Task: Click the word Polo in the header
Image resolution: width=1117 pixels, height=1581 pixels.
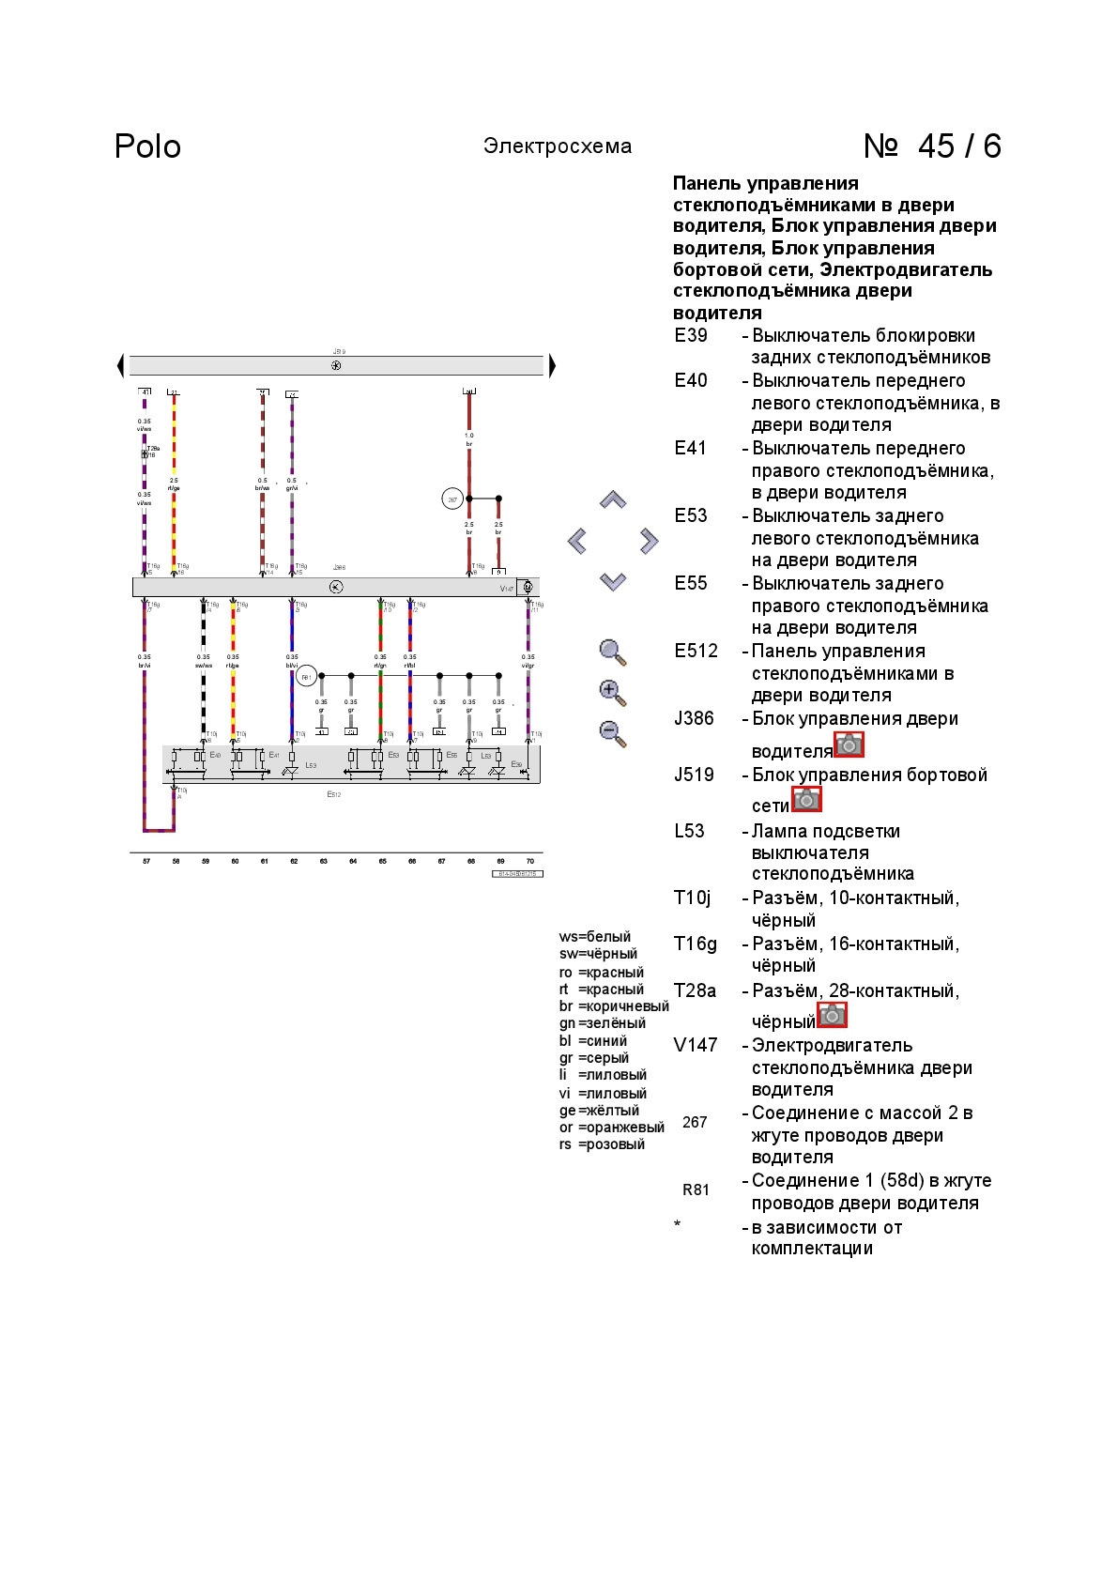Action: [147, 146]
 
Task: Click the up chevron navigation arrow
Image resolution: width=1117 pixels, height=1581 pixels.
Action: [613, 500]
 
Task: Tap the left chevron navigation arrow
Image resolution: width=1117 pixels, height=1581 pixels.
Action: [577, 541]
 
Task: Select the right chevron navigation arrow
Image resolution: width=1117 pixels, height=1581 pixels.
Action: [649, 541]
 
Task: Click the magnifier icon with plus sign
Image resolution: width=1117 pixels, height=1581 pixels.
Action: [612, 693]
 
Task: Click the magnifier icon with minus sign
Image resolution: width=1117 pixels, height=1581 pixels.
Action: [612, 733]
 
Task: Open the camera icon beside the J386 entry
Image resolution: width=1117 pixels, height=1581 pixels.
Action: [849, 744]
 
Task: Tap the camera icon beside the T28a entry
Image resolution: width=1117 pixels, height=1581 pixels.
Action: [832, 1015]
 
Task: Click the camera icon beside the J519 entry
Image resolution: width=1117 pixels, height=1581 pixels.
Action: [806, 799]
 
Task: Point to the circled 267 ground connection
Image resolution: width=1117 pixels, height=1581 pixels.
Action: [452, 499]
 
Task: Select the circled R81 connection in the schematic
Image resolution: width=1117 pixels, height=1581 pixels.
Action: [306, 676]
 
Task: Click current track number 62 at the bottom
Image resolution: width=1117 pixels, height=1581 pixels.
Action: [294, 861]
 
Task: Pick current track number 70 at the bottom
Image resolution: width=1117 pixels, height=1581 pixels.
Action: [530, 861]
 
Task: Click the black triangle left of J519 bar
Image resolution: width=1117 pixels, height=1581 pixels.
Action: [120, 365]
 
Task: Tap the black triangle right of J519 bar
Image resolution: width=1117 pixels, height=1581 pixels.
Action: [552, 365]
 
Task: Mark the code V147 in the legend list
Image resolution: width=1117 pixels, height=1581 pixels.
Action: [696, 1046]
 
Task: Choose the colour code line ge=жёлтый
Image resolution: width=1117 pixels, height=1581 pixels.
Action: [599, 1111]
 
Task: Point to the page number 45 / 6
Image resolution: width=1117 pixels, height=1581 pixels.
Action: [932, 146]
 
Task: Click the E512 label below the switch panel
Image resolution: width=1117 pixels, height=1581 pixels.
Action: [333, 794]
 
